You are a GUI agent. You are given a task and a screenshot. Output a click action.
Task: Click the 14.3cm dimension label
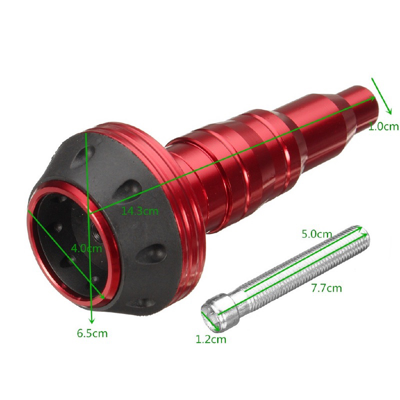(140, 211)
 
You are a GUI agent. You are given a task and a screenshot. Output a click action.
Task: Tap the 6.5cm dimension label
(92, 333)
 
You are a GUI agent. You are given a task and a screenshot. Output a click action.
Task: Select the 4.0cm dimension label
(86, 248)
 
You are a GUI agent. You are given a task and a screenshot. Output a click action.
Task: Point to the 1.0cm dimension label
(384, 126)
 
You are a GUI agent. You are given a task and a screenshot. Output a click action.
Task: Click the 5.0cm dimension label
(317, 234)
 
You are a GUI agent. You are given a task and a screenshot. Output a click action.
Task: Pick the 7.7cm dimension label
(326, 288)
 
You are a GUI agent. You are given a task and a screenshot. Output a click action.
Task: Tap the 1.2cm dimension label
(211, 339)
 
